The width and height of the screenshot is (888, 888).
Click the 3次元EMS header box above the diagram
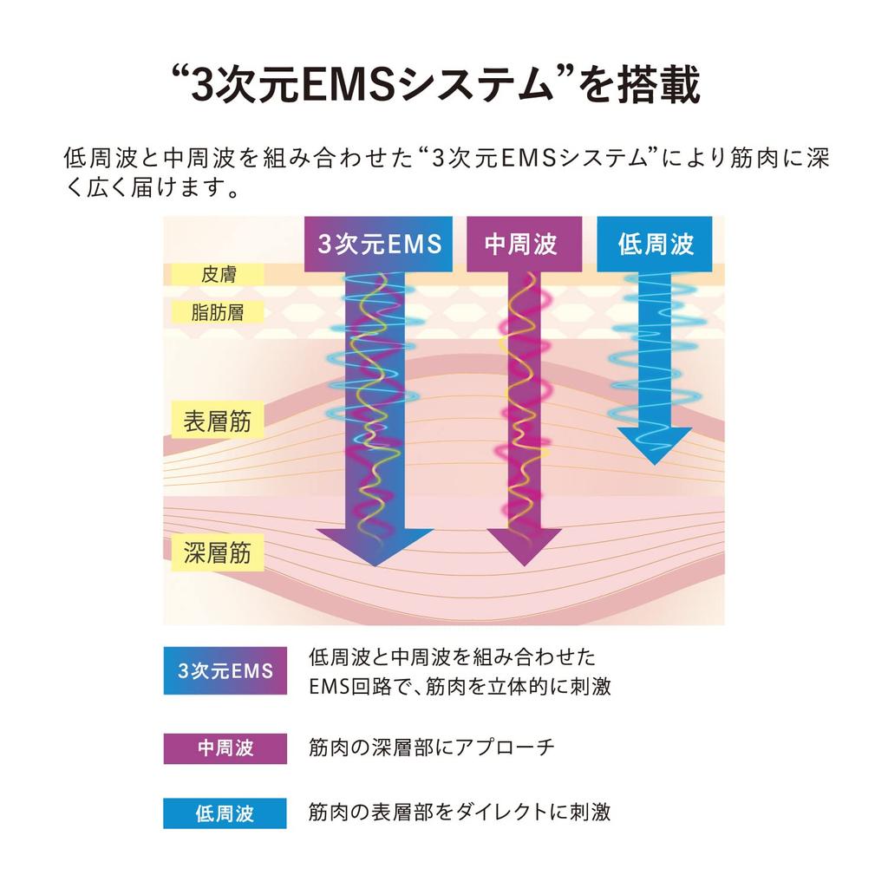[378, 244]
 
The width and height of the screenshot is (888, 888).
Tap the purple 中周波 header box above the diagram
[524, 244]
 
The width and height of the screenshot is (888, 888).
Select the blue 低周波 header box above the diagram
[655, 244]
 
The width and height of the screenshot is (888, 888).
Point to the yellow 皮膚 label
[218, 275]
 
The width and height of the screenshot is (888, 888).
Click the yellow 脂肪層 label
[218, 312]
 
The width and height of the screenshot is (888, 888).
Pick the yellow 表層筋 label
[218, 421]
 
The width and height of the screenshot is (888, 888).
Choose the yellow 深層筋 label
[218, 552]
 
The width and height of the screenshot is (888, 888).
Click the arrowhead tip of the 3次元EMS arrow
[375, 565]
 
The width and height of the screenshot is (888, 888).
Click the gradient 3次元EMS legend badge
[225, 670]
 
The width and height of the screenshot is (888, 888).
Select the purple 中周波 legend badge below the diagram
[225, 748]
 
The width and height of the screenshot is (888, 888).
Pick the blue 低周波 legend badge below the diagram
[225, 813]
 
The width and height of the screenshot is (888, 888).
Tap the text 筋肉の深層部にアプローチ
[431, 748]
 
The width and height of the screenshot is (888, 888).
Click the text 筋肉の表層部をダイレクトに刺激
[460, 812]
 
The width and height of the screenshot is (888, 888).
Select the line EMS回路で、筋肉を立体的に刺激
[460, 687]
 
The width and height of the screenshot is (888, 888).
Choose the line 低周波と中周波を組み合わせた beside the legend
[452, 657]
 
